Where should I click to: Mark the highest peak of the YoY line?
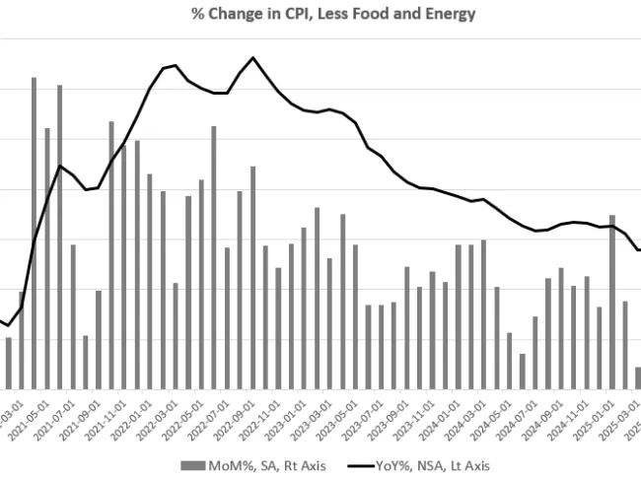(x=253, y=57)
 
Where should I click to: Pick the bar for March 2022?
(x=175, y=335)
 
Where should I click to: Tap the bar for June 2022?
(x=214, y=257)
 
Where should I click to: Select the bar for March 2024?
(x=483, y=314)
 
